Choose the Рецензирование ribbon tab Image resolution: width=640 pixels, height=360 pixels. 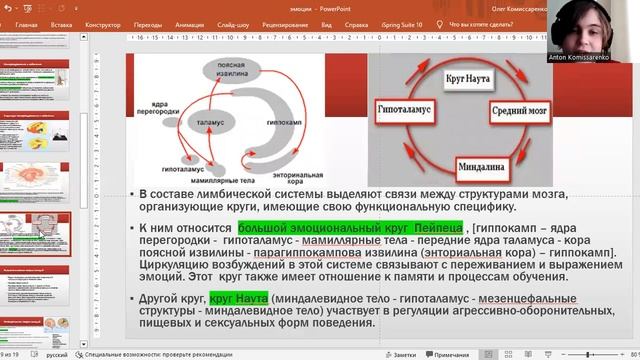pos(285,22)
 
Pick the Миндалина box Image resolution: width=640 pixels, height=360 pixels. pos(482,160)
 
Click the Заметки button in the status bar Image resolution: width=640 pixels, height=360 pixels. pos(401,354)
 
